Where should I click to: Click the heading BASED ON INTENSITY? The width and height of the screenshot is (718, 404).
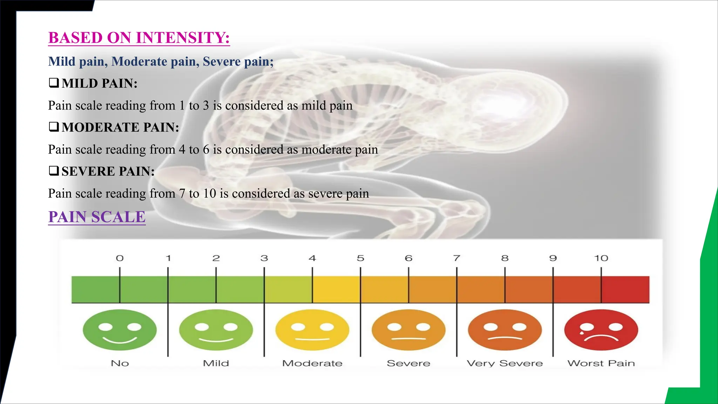[139, 38]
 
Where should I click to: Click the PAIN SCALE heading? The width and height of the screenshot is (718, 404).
[97, 217]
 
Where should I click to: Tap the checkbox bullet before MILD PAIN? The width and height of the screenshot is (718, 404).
[54, 83]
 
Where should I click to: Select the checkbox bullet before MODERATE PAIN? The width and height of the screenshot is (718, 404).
[54, 127]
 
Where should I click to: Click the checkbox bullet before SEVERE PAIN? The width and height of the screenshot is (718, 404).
[54, 171]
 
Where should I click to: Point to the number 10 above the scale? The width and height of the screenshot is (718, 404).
[601, 258]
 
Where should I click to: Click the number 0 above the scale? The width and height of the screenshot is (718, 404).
[120, 258]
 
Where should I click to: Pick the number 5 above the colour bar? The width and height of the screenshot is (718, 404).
[360, 258]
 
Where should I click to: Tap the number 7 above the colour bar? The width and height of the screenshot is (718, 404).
[456, 258]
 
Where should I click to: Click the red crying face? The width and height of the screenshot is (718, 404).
[601, 330]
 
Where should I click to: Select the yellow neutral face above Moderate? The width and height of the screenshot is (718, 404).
[312, 330]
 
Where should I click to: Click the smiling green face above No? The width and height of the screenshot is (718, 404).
[120, 330]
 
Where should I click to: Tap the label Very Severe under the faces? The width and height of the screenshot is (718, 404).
[504, 363]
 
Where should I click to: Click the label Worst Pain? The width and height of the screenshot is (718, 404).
[601, 363]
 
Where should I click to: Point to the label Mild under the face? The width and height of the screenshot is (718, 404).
[216, 363]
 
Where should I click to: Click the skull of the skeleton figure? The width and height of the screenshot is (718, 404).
[505, 105]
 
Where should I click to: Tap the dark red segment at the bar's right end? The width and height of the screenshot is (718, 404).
[626, 289]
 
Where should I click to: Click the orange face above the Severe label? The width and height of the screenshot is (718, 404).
[408, 330]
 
